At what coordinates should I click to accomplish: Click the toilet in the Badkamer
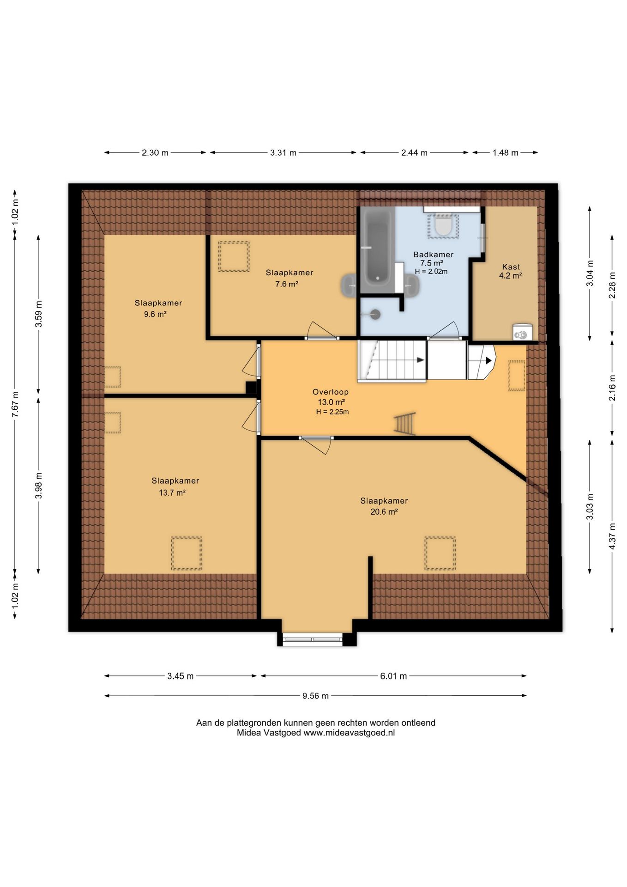click(x=443, y=226)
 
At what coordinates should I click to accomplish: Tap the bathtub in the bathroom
click(x=377, y=249)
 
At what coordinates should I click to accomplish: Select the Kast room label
click(x=511, y=267)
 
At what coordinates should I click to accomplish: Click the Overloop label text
click(x=331, y=392)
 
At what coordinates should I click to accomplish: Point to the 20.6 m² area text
click(x=384, y=512)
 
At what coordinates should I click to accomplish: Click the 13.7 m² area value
click(x=172, y=493)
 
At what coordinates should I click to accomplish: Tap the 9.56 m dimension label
click(x=316, y=696)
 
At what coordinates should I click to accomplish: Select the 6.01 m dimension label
click(x=393, y=676)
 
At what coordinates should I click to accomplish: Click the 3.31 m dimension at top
click(x=283, y=152)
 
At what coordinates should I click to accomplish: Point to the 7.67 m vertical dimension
click(x=15, y=404)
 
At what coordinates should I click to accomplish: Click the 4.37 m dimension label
click(x=612, y=536)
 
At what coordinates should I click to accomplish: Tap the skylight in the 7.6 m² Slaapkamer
click(x=234, y=256)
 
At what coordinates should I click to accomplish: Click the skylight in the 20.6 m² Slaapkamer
click(x=440, y=553)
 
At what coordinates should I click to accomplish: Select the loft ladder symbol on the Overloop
click(x=405, y=423)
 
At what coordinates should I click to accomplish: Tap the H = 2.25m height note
click(x=332, y=412)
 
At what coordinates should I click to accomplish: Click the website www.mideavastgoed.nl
click(x=349, y=733)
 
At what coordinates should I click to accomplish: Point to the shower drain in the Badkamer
click(x=375, y=315)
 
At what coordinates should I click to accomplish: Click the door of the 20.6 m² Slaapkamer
click(x=316, y=444)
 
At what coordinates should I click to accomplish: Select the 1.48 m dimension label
click(x=505, y=152)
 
